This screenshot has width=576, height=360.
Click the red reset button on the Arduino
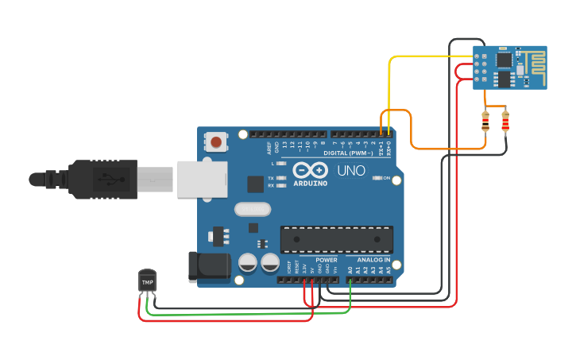(216, 142)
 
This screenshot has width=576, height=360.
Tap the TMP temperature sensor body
(148, 281)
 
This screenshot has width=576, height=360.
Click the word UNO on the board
(351, 171)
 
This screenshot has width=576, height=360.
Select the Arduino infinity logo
(310, 170)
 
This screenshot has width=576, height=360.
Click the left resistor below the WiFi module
(485, 122)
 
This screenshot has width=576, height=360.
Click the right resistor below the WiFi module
(505, 122)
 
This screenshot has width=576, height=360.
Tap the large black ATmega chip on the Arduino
(336, 238)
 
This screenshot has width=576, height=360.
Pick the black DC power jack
(209, 266)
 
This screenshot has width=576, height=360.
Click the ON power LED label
(387, 178)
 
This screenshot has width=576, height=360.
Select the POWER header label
(326, 260)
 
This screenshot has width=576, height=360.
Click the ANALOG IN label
(373, 260)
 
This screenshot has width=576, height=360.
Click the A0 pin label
(350, 270)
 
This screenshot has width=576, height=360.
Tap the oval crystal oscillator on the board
(253, 210)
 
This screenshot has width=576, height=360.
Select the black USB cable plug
(95, 179)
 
